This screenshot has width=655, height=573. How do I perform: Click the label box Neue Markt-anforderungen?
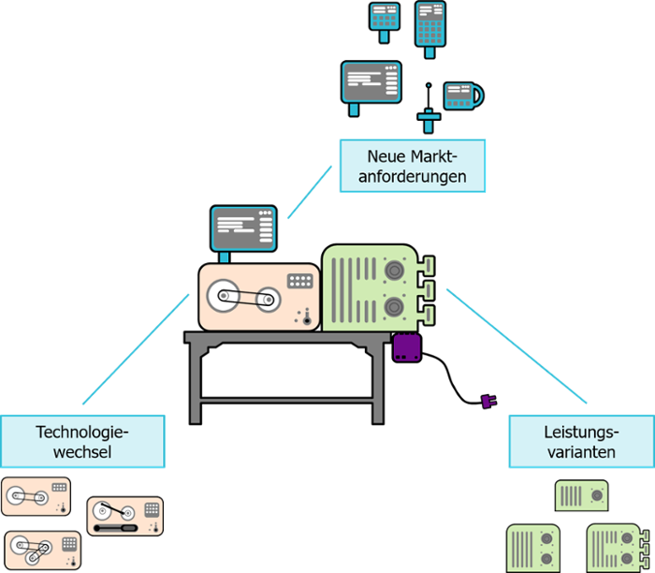[413, 166]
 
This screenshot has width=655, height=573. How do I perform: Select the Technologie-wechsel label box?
[82, 442]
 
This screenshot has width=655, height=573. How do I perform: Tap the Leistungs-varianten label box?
[580, 442]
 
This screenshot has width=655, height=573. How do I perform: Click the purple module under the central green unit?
[407, 347]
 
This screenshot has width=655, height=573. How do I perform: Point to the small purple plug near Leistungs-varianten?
[488, 401]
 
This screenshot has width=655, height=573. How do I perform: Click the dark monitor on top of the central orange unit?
[243, 228]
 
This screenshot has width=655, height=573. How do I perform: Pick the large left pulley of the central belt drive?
[224, 297]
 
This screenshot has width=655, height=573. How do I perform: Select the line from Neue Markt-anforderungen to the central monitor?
[311, 192]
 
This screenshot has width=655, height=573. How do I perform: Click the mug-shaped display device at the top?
[461, 95]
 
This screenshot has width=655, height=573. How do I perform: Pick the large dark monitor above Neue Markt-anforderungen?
[371, 81]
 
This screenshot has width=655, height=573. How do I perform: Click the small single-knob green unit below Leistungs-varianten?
[581, 493]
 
